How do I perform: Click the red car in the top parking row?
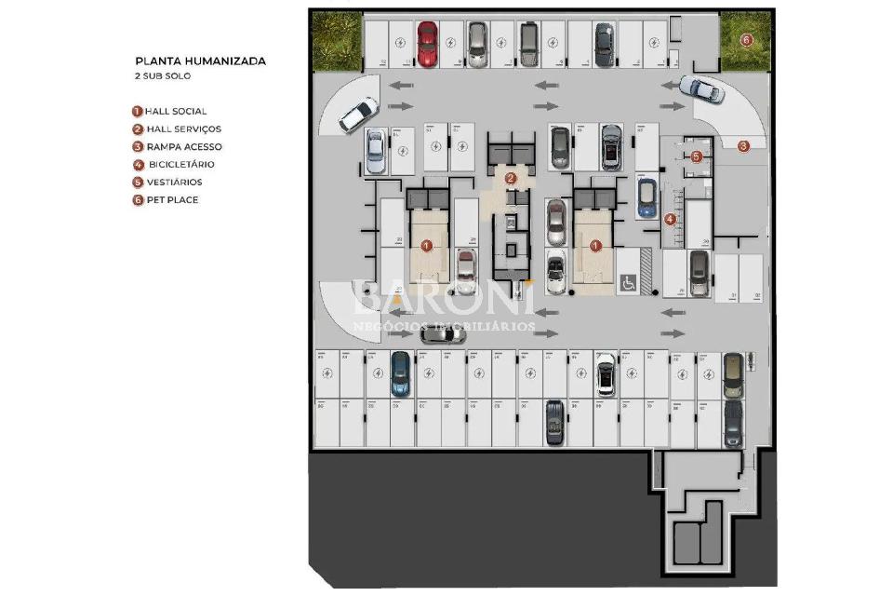tap(428, 43)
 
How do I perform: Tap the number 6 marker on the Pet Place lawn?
tap(746, 39)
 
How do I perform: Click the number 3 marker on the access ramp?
tap(743, 145)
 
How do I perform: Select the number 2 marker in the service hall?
tap(510, 178)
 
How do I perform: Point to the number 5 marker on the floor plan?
tap(696, 156)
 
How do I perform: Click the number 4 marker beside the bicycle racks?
tap(671, 220)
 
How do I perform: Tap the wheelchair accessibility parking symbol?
tap(628, 282)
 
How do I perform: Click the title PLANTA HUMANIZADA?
tap(200, 61)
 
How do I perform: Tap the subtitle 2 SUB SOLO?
tap(163, 76)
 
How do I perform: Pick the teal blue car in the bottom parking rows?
tap(400, 372)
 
